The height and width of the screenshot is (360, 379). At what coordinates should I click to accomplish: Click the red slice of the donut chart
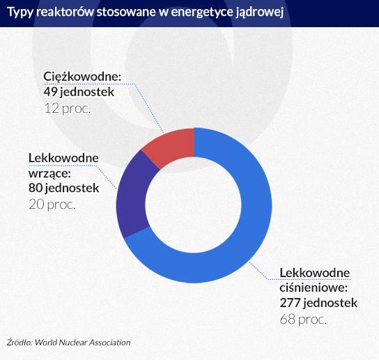[x=173, y=144]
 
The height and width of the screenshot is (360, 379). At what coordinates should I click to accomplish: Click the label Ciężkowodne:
[x=82, y=77]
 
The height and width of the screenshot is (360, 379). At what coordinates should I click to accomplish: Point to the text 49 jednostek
[x=79, y=92]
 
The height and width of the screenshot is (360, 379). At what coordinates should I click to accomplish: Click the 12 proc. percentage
[x=67, y=109]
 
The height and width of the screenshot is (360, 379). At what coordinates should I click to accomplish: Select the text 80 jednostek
[x=64, y=188]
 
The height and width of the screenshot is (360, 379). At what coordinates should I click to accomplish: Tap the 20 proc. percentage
[x=52, y=205]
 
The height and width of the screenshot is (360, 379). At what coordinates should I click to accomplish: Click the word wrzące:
[x=49, y=173]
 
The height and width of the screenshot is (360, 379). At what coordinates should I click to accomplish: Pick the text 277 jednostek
[x=318, y=303]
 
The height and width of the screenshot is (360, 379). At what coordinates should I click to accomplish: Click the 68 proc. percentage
[x=303, y=320]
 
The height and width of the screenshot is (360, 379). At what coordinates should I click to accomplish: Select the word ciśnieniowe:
[x=314, y=288]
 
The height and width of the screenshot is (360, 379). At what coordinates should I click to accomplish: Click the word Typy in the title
[x=20, y=13]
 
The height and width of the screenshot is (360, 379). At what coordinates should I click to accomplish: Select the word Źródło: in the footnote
[x=20, y=343]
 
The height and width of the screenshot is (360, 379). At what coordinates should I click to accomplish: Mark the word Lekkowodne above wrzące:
[x=63, y=158]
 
